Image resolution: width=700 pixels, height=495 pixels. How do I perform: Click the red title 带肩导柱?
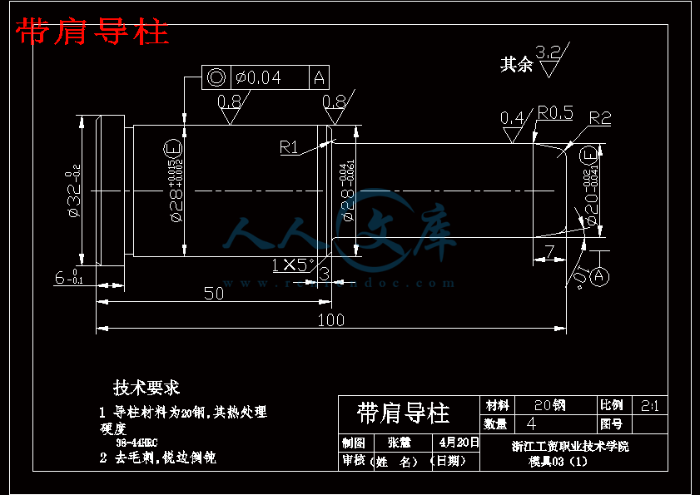coord(92,32)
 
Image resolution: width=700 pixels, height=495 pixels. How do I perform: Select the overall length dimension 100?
coord(331,320)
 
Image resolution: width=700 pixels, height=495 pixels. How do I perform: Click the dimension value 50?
coord(214,293)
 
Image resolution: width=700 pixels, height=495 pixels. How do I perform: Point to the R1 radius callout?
coord(289,147)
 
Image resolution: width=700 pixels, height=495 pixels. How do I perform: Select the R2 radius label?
coord(600,117)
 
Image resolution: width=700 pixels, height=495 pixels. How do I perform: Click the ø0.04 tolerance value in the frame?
coord(258,78)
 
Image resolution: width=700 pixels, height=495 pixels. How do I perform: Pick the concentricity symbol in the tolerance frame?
coord(216,78)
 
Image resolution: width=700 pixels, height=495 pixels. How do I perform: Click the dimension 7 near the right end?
coord(549,250)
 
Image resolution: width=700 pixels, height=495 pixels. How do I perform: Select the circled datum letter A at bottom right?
coord(600,277)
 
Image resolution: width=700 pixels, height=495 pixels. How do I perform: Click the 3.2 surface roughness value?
coord(549,52)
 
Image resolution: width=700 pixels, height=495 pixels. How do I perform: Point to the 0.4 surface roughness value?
coord(512,117)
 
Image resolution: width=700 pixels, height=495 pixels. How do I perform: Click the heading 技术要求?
coord(146,387)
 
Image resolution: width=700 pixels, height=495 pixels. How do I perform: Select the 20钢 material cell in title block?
coord(549,405)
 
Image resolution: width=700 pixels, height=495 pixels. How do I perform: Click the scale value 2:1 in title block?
coord(650,405)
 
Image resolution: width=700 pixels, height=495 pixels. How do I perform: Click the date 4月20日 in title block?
coord(459,442)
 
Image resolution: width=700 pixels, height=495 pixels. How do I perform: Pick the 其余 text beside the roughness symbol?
coord(516,64)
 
